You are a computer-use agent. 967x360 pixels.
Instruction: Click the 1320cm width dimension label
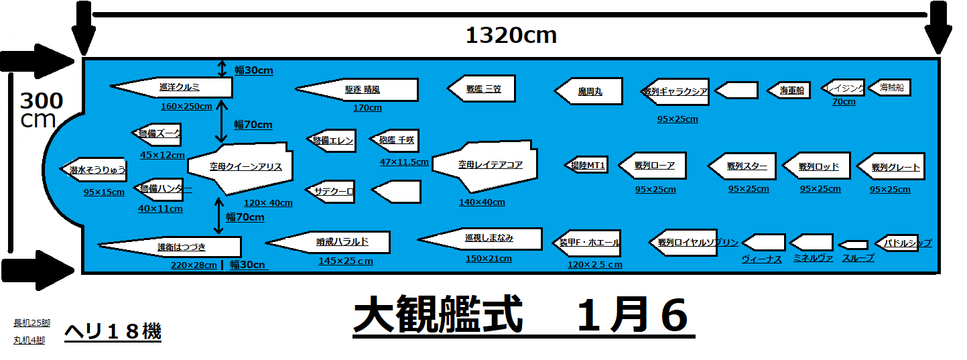click(511, 36)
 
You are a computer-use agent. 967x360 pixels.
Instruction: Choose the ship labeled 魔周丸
click(590, 91)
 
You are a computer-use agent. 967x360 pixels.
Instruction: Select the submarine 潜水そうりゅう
click(94, 170)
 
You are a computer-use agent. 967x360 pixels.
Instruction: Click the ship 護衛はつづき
click(176, 247)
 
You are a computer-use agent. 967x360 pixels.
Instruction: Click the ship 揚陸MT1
click(588, 165)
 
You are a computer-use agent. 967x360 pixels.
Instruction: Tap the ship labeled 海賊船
click(891, 88)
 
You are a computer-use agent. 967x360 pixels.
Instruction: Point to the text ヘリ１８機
click(113, 331)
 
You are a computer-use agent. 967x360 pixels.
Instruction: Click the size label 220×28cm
click(193, 265)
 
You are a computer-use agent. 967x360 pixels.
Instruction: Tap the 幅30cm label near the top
click(253, 70)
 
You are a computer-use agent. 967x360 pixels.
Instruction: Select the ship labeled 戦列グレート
click(893, 167)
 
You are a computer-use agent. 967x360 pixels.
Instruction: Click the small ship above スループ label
click(854, 245)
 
